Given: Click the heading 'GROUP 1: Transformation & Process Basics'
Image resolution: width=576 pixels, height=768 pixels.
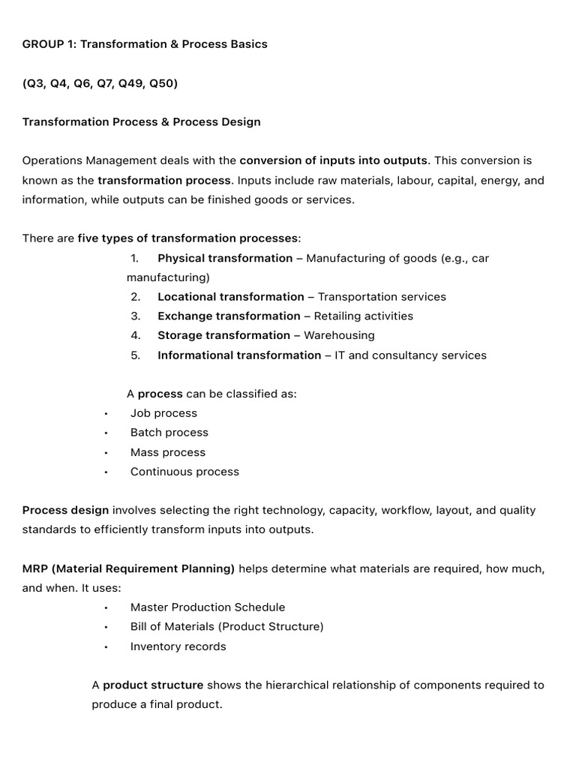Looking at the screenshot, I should (x=145, y=43).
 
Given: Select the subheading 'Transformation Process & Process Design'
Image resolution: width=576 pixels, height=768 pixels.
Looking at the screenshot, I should (x=142, y=121).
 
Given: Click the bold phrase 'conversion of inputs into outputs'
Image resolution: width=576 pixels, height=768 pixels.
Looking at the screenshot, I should (x=334, y=160).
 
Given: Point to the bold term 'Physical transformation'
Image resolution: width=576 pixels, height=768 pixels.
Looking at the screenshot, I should (x=225, y=258).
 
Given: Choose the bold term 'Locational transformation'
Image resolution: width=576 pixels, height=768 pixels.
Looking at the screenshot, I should (x=231, y=297).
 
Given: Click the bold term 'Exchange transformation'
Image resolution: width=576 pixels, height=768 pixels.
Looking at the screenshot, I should (x=229, y=316).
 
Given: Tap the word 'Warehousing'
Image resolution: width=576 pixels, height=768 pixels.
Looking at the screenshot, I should (x=339, y=335).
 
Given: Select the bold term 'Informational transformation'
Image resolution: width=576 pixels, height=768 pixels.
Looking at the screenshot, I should (x=239, y=355).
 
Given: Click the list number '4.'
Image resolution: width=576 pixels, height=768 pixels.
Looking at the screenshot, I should (x=136, y=335).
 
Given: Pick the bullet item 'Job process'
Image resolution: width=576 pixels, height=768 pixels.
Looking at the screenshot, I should (x=163, y=413).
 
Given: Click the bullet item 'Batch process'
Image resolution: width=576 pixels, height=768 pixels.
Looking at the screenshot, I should (x=169, y=433).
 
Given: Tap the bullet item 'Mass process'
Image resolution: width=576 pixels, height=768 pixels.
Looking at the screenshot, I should (x=168, y=452).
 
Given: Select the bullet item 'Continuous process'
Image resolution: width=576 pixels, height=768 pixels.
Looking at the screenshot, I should (x=184, y=472).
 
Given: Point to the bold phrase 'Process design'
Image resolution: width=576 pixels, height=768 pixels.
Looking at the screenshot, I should (x=65, y=510).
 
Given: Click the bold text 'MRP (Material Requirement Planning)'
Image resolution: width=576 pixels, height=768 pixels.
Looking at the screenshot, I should (x=128, y=568).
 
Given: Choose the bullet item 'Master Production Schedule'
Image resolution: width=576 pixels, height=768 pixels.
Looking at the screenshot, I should (x=208, y=607).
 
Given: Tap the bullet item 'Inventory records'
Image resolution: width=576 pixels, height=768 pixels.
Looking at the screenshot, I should (x=178, y=646).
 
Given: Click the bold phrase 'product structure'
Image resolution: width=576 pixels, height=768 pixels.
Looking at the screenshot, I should (x=153, y=685).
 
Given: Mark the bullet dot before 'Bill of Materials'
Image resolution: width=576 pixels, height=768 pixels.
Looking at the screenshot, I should (x=106, y=627).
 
